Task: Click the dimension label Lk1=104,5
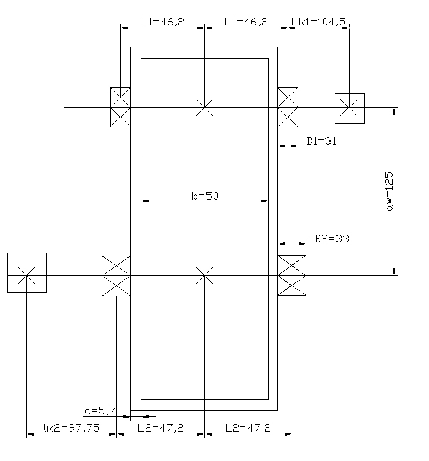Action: tap(318, 22)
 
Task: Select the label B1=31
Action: tap(321, 141)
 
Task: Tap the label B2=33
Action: tap(332, 239)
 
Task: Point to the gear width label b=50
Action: tap(205, 196)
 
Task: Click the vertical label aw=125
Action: tap(389, 191)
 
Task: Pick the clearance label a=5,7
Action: tap(100, 411)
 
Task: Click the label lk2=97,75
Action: tap(72, 428)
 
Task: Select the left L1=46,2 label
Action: tap(163, 22)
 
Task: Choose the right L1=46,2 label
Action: tap(246, 22)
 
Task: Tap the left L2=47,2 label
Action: tap(160, 428)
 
